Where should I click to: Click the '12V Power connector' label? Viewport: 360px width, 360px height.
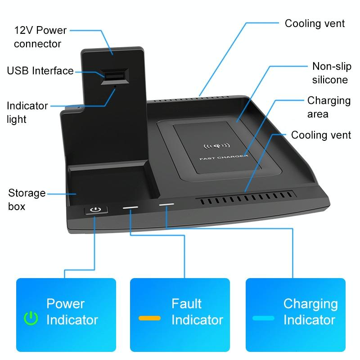click(40, 37)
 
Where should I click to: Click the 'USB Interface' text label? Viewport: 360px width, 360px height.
click(40, 71)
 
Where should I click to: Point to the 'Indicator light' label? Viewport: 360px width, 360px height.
click(27, 112)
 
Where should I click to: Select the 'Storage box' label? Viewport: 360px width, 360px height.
click(27, 200)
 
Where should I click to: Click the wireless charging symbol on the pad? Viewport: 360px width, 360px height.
click(217, 146)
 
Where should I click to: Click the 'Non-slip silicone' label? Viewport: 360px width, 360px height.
click(330, 73)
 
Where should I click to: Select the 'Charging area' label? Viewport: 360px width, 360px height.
click(328, 107)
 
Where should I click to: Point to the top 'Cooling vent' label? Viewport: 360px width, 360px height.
click(315, 23)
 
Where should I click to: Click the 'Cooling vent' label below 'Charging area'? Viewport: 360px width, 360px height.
click(321, 135)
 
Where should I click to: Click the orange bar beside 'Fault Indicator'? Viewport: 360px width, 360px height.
click(150, 318)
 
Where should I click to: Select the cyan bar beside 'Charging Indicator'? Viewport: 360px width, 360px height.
click(263, 318)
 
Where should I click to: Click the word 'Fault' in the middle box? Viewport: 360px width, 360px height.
click(186, 304)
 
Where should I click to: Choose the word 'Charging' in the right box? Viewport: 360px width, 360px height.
click(310, 304)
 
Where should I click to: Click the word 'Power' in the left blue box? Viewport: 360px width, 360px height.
click(66, 304)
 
